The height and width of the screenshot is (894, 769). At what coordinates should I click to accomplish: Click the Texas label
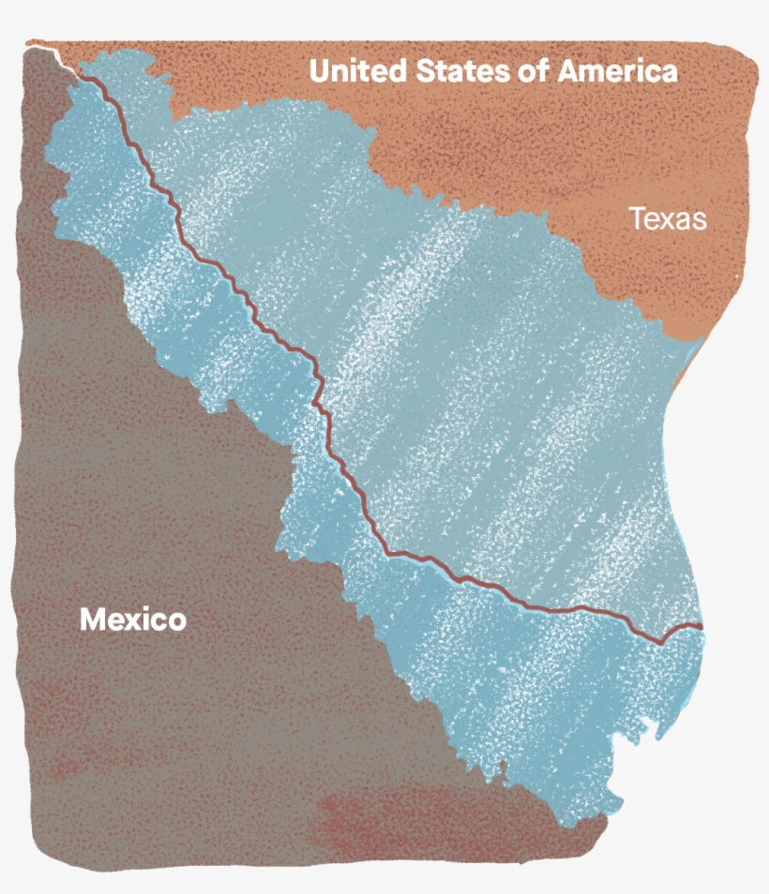tap(667, 219)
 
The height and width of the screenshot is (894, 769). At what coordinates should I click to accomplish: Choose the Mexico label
tap(132, 619)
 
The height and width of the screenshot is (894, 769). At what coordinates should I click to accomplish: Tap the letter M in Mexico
tap(92, 619)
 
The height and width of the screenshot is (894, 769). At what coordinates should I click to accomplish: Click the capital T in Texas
tap(635, 219)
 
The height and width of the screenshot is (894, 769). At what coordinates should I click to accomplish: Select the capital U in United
tap(321, 71)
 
